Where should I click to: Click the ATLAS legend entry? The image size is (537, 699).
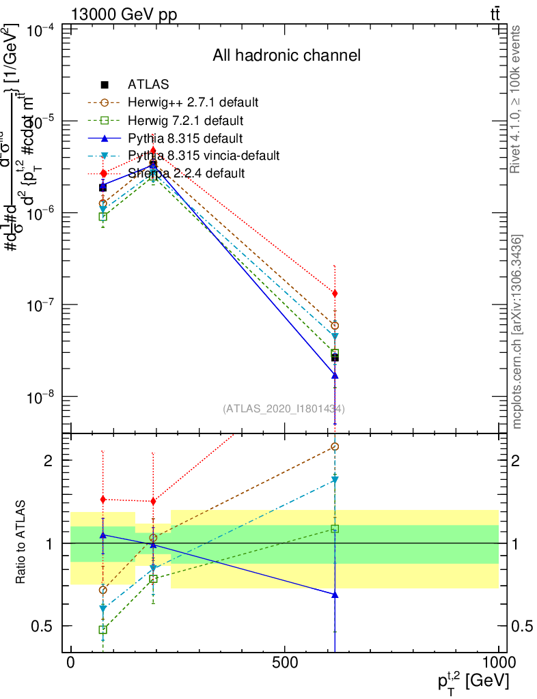[148, 85]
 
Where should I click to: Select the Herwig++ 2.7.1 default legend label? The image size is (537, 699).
[193, 102]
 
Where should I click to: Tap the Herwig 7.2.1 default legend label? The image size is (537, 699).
[185, 120]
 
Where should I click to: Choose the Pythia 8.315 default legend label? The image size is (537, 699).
[184, 138]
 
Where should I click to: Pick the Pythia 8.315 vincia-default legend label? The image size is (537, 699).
[204, 156]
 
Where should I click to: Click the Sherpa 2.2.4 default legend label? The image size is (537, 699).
[187, 173]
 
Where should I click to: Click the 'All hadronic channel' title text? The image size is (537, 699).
[286, 55]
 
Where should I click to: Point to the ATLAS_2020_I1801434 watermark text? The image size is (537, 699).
[284, 409]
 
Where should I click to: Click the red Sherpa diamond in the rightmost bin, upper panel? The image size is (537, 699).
[335, 294]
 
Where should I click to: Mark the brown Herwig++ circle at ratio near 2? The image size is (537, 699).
[335, 446]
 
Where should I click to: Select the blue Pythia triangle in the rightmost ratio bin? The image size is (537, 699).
[335, 595]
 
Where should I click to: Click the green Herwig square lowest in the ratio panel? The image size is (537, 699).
[103, 629]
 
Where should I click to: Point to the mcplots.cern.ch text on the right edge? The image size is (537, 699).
[517, 332]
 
